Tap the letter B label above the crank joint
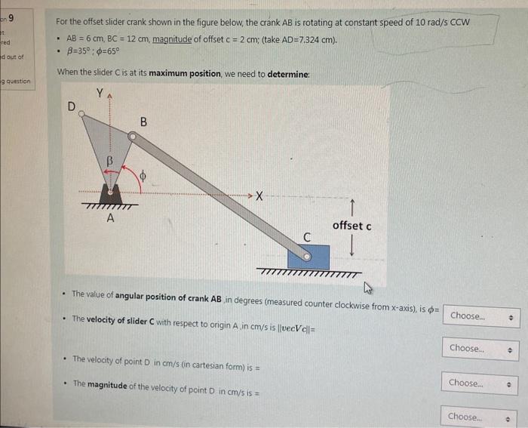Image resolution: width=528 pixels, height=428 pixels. (x=143, y=122)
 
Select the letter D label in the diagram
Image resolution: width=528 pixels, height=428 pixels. (x=72, y=106)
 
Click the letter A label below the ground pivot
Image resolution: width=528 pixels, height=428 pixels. (x=110, y=219)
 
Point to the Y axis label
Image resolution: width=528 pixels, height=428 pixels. (x=101, y=94)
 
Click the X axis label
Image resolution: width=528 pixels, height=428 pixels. (x=259, y=197)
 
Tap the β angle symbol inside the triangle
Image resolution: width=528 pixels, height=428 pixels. (x=109, y=161)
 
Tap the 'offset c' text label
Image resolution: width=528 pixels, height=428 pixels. (x=351, y=226)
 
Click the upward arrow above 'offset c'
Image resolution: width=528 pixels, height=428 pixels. (x=351, y=208)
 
